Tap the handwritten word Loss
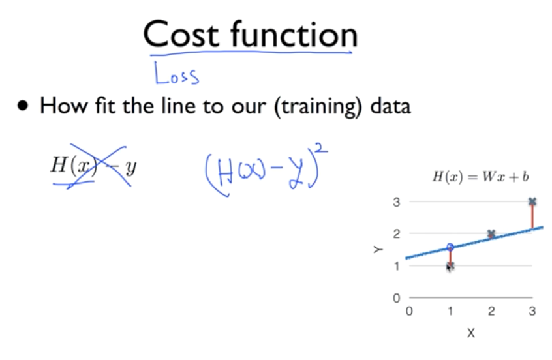176,74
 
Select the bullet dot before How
24,106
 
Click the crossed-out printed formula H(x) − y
93,167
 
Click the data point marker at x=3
532,202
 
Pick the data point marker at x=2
491,233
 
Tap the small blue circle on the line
450,247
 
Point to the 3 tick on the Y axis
396,202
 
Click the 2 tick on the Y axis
396,233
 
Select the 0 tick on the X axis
409,311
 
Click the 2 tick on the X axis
491,311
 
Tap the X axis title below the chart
470,333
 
